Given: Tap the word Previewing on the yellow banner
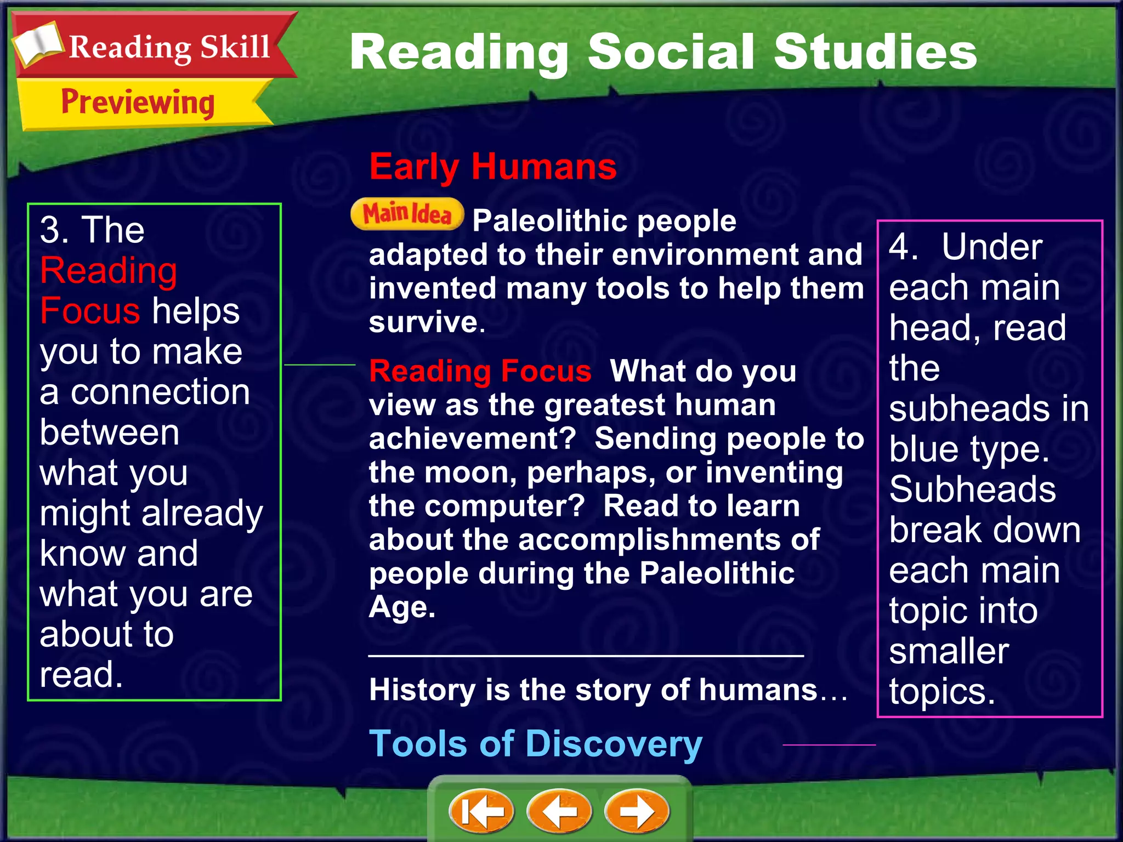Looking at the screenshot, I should coord(138,103).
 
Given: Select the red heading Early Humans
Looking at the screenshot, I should coord(492,167).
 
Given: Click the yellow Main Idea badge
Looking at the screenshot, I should coord(407,214).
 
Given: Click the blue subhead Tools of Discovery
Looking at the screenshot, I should coord(535,744).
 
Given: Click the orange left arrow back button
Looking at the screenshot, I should coord(559,811).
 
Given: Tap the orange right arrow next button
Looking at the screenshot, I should coord(637,811).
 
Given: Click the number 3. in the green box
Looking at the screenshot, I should coord(54,230).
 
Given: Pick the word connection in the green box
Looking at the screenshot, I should coord(160,392).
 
